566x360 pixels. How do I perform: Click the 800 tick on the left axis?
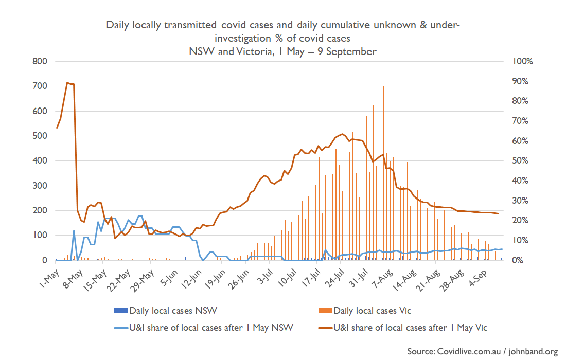tap(40, 61)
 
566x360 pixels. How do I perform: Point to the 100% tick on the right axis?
tap(524, 61)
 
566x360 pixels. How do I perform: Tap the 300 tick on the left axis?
tap(40, 186)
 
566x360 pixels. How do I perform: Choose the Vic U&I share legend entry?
tap(410, 328)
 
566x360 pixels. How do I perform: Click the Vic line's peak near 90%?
tap(67, 82)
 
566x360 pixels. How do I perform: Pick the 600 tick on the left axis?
tap(40, 111)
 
